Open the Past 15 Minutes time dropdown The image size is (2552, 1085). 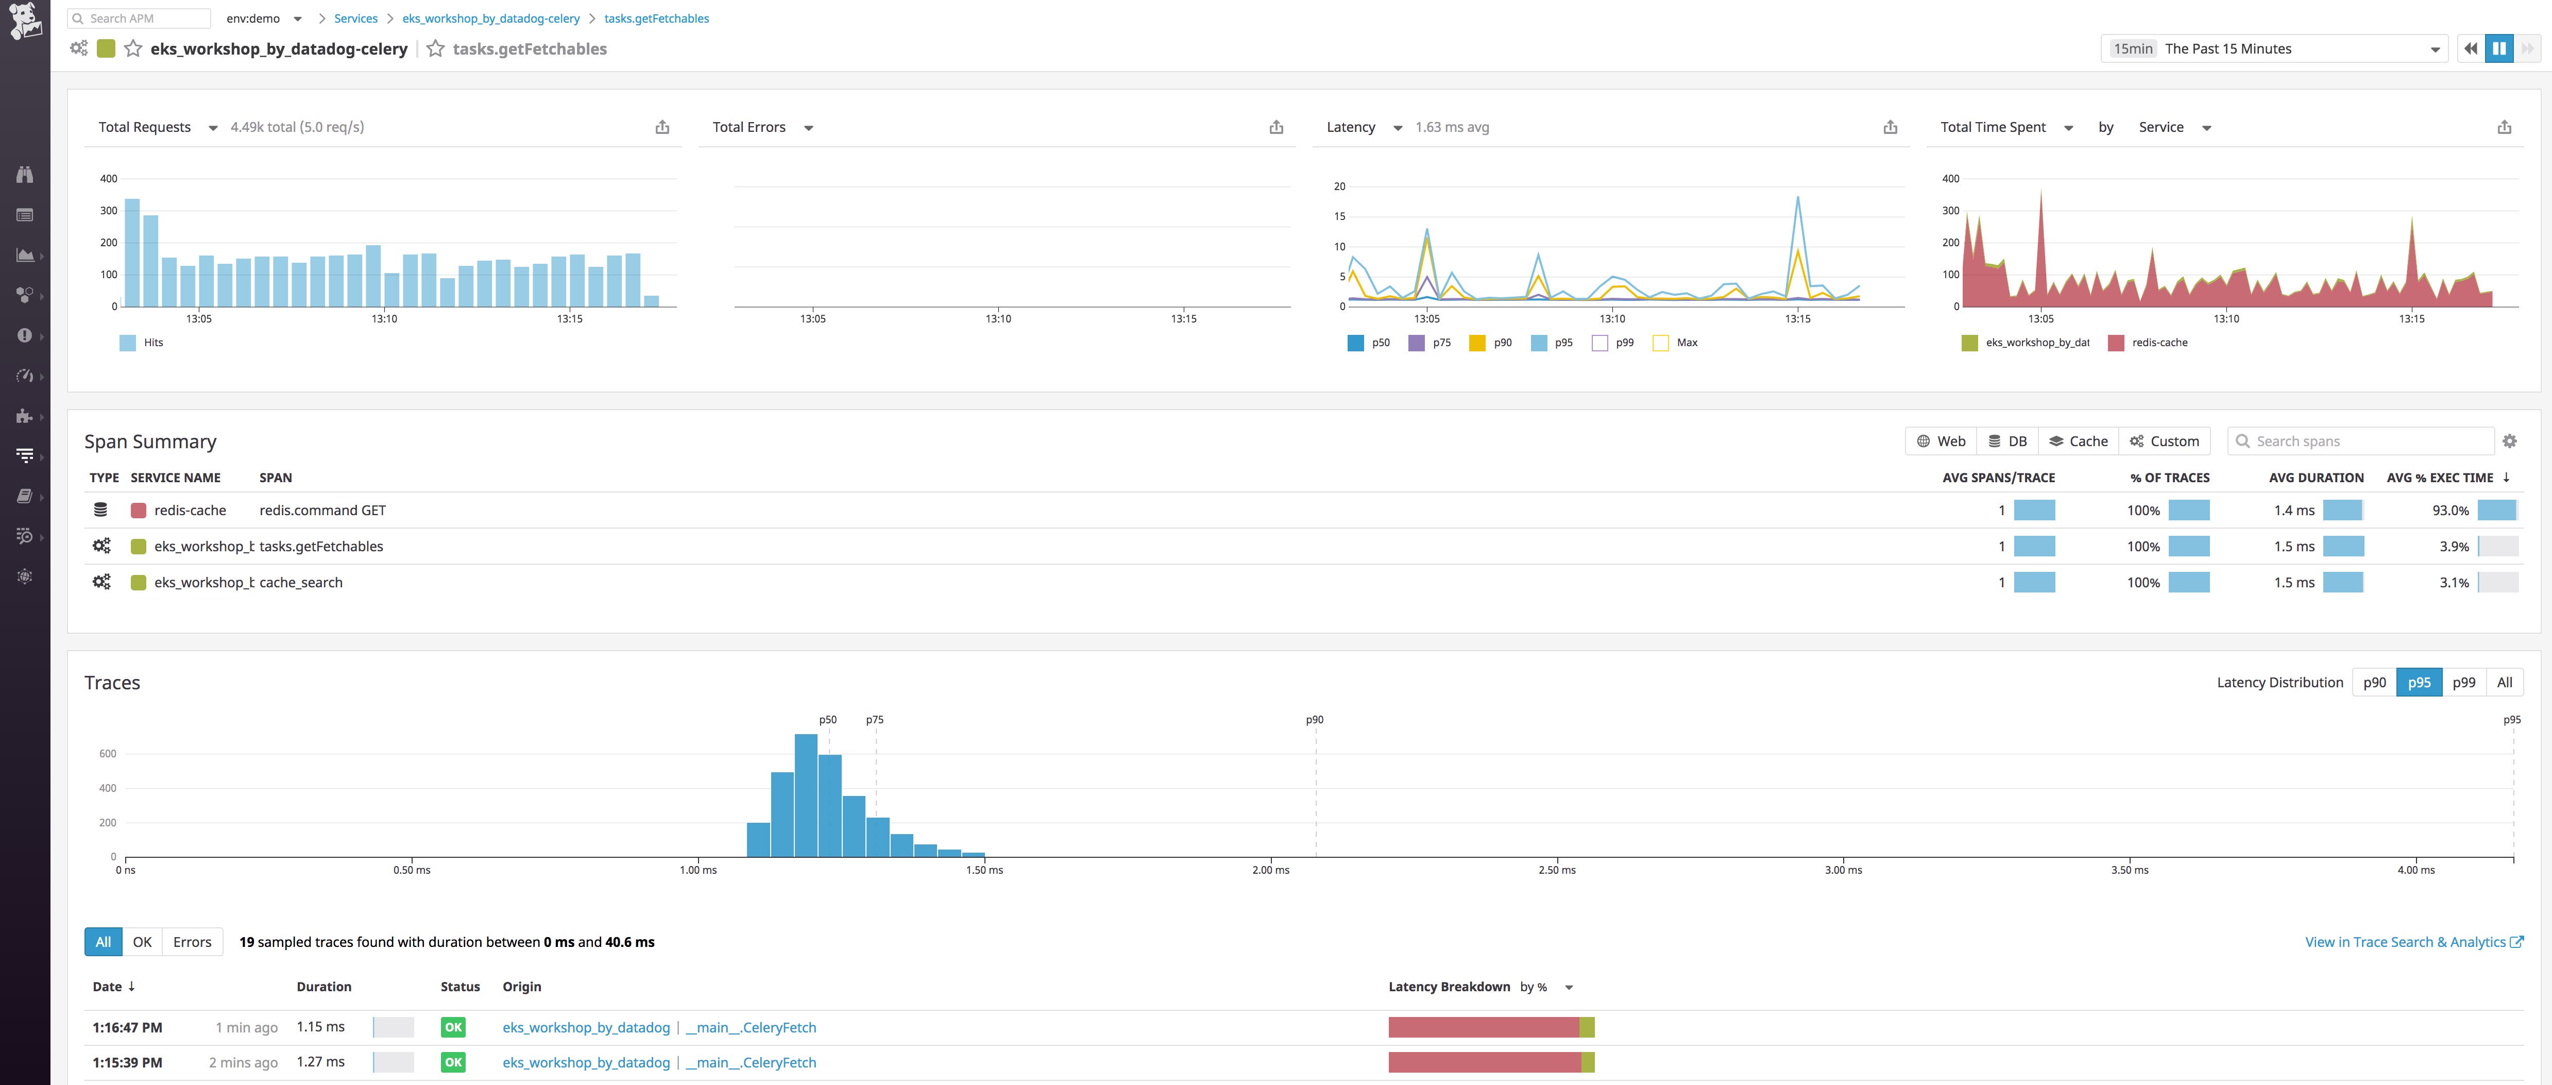[2274, 48]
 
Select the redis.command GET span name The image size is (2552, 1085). [322, 510]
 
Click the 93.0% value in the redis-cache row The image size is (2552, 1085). [2450, 510]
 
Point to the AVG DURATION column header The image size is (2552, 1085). [2315, 478]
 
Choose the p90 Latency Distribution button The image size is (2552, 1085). [2374, 683]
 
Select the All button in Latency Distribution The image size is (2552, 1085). [2504, 683]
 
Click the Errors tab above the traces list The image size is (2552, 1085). [192, 942]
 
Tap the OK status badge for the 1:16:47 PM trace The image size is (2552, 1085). [453, 1027]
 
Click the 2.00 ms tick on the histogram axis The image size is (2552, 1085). [1270, 870]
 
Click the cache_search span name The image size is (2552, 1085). [300, 583]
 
